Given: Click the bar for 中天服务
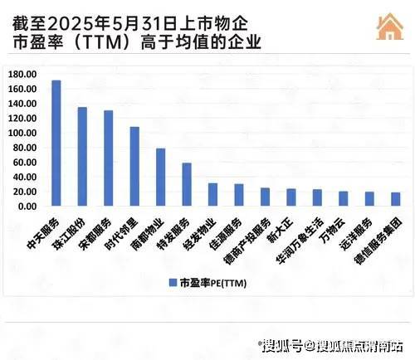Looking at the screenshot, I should click(x=56, y=144).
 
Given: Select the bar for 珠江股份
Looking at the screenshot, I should click(x=82, y=157).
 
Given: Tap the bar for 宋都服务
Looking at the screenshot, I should click(x=108, y=158).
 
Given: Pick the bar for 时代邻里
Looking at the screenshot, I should click(x=134, y=167).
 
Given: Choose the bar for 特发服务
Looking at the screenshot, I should click(x=187, y=185).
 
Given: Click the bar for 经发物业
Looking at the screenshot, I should click(x=212, y=195).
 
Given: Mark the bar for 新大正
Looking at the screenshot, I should click(x=290, y=197).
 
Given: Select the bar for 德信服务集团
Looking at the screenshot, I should click(x=395, y=199).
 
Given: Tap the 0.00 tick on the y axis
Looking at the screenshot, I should click(x=28, y=206).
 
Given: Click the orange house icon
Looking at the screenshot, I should click(x=386, y=27).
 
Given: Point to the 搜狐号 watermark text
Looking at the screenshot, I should click(x=280, y=343).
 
